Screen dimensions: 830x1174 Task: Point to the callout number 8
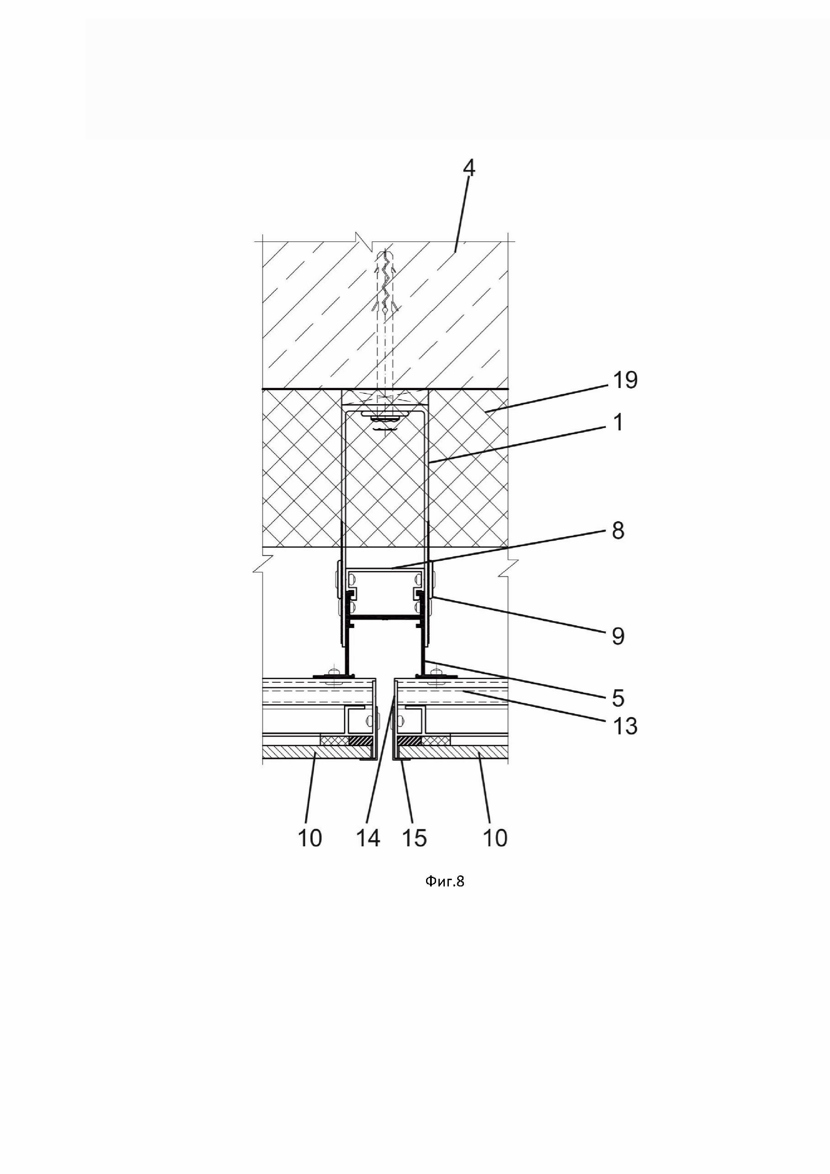pos(618,531)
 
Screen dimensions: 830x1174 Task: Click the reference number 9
pos(618,636)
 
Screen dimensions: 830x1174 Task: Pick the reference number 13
pos(625,726)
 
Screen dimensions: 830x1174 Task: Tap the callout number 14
pos(368,838)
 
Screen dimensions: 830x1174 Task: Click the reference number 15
pos(414,838)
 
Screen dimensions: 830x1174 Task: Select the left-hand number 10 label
pos(310,838)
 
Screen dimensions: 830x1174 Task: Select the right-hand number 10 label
pos(495,838)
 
